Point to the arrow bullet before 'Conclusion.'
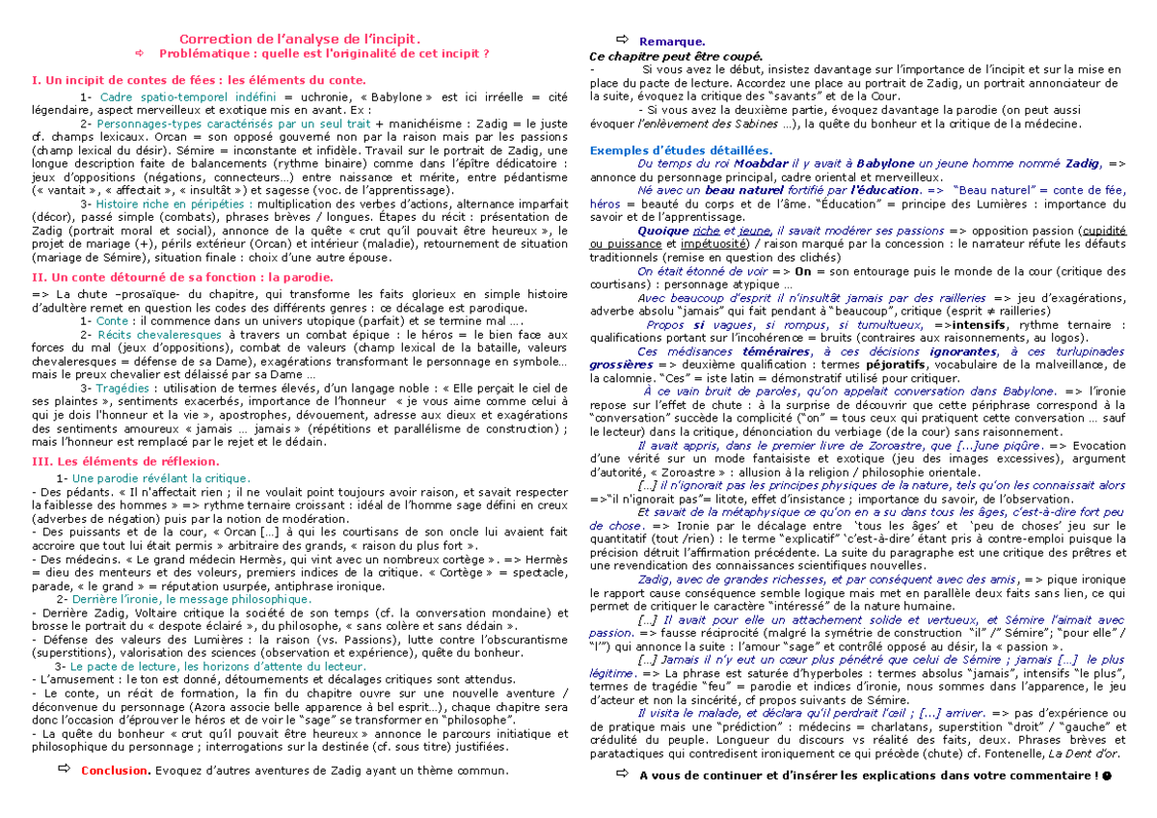pyautogui.click(x=64, y=770)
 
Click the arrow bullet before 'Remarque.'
pyautogui.click(x=621, y=40)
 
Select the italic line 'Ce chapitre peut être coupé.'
pyautogui.click(x=675, y=56)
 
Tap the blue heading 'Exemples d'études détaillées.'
pyautogui.click(x=681, y=150)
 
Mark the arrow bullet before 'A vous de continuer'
pyautogui.click(x=621, y=777)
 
